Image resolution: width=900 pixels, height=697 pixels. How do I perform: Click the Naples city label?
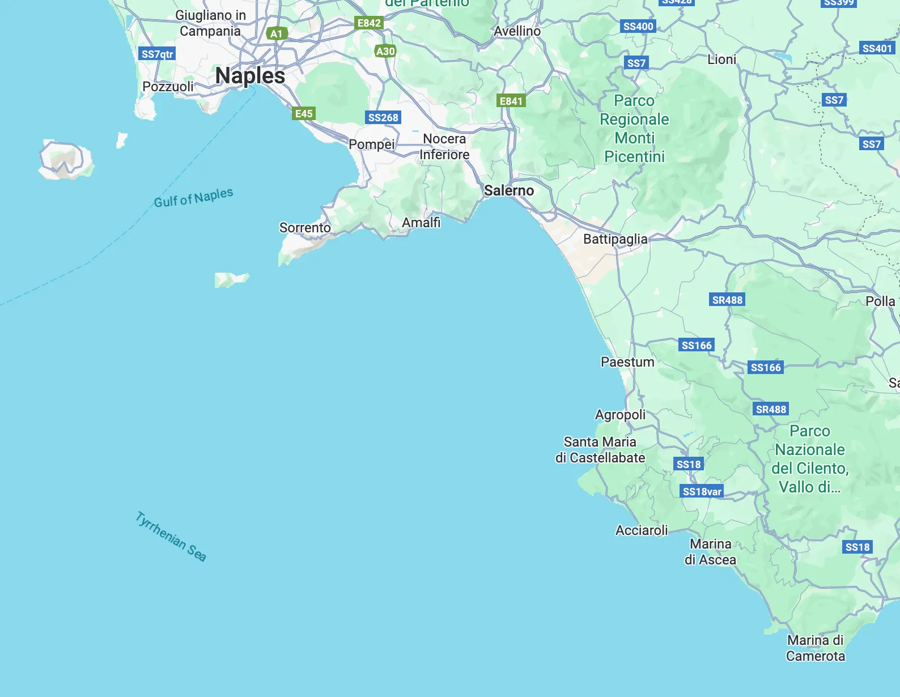[x=250, y=76]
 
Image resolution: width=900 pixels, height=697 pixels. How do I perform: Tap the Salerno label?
[x=508, y=190]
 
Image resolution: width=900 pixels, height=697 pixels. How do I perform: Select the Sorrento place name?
[x=305, y=228]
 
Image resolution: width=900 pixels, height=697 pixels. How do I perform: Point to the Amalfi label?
[x=421, y=223]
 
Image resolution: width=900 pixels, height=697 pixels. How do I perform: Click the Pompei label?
[x=371, y=144]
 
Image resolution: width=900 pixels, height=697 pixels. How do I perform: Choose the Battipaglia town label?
[x=615, y=239]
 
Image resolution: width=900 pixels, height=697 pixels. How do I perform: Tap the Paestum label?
[x=627, y=362]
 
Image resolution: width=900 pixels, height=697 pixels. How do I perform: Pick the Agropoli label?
[x=620, y=415]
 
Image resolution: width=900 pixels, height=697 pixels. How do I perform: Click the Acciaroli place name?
[x=642, y=530]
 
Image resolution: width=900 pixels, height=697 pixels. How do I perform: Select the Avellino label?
[x=517, y=31]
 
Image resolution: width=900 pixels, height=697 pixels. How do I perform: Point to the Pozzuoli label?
[x=168, y=87]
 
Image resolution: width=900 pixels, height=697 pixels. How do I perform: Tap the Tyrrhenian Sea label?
[x=171, y=536]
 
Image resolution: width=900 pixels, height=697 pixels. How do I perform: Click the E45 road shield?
[x=304, y=113]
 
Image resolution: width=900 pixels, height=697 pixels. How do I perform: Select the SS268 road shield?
[x=383, y=118]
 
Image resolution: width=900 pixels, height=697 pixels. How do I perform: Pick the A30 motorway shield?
[x=385, y=52]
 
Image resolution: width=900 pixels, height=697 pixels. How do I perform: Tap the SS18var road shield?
[x=702, y=491]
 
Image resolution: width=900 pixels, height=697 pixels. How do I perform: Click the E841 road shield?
[x=511, y=101]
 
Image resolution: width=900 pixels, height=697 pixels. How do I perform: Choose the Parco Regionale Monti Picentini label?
[x=634, y=129]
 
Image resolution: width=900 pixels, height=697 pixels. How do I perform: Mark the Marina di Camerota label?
[x=815, y=648]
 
